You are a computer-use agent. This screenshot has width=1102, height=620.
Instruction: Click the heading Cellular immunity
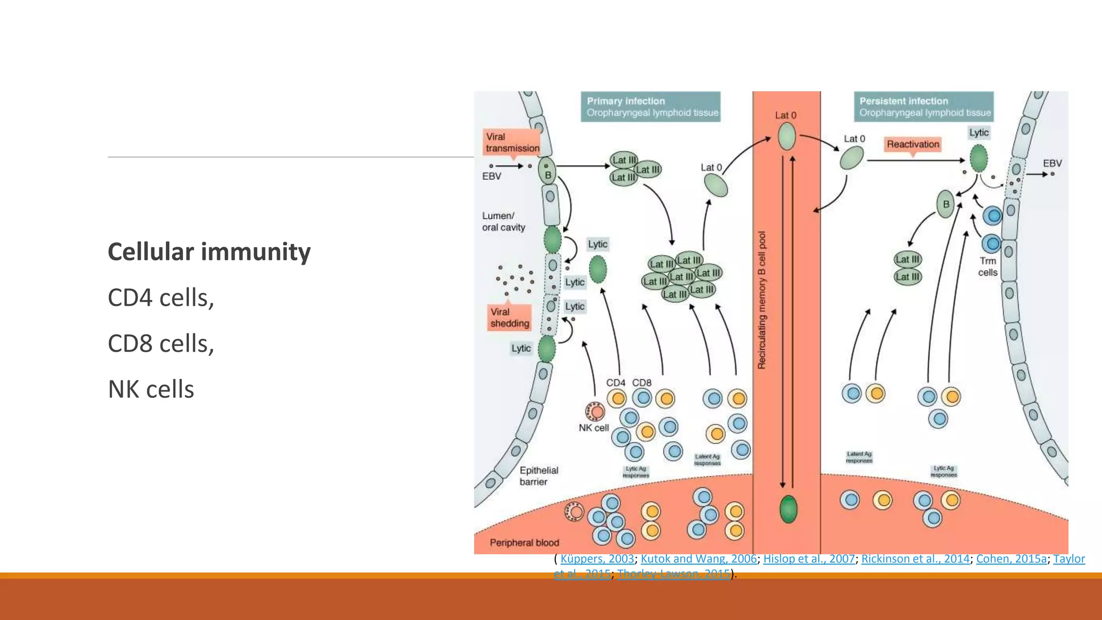[x=209, y=252]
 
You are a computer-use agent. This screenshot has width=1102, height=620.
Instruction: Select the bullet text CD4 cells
[x=161, y=298]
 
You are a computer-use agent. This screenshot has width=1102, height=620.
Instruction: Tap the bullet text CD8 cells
[x=161, y=343]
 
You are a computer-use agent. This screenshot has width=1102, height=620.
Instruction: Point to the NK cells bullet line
[x=151, y=389]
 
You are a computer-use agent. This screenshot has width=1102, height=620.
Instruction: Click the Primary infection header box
[x=651, y=107]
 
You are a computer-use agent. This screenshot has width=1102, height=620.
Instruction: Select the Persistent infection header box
[x=923, y=107]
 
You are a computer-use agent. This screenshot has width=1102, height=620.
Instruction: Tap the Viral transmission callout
[x=512, y=143]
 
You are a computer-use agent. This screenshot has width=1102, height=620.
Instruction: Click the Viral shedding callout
[x=509, y=318]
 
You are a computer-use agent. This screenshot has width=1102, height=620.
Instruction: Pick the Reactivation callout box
[x=913, y=144]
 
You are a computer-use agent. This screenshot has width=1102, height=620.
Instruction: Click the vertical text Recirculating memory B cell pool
[x=761, y=300]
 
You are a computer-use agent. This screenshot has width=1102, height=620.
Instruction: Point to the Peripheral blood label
[x=524, y=542]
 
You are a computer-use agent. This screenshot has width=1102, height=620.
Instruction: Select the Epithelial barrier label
[x=538, y=476]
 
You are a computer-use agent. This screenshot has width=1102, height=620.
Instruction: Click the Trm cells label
[x=987, y=267]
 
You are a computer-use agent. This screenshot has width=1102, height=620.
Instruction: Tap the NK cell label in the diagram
[x=594, y=428]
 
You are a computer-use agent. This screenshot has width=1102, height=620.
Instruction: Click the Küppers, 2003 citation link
[x=597, y=559]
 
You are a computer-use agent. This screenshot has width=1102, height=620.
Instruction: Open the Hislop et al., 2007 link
[x=809, y=559]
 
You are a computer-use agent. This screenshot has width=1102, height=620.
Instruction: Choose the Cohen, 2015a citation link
[x=1011, y=559]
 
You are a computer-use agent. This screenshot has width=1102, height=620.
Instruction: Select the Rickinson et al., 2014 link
[x=915, y=559]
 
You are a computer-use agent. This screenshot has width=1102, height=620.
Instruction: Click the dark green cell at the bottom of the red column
[x=788, y=509]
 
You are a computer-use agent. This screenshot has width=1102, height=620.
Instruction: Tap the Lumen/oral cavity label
[x=503, y=222]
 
